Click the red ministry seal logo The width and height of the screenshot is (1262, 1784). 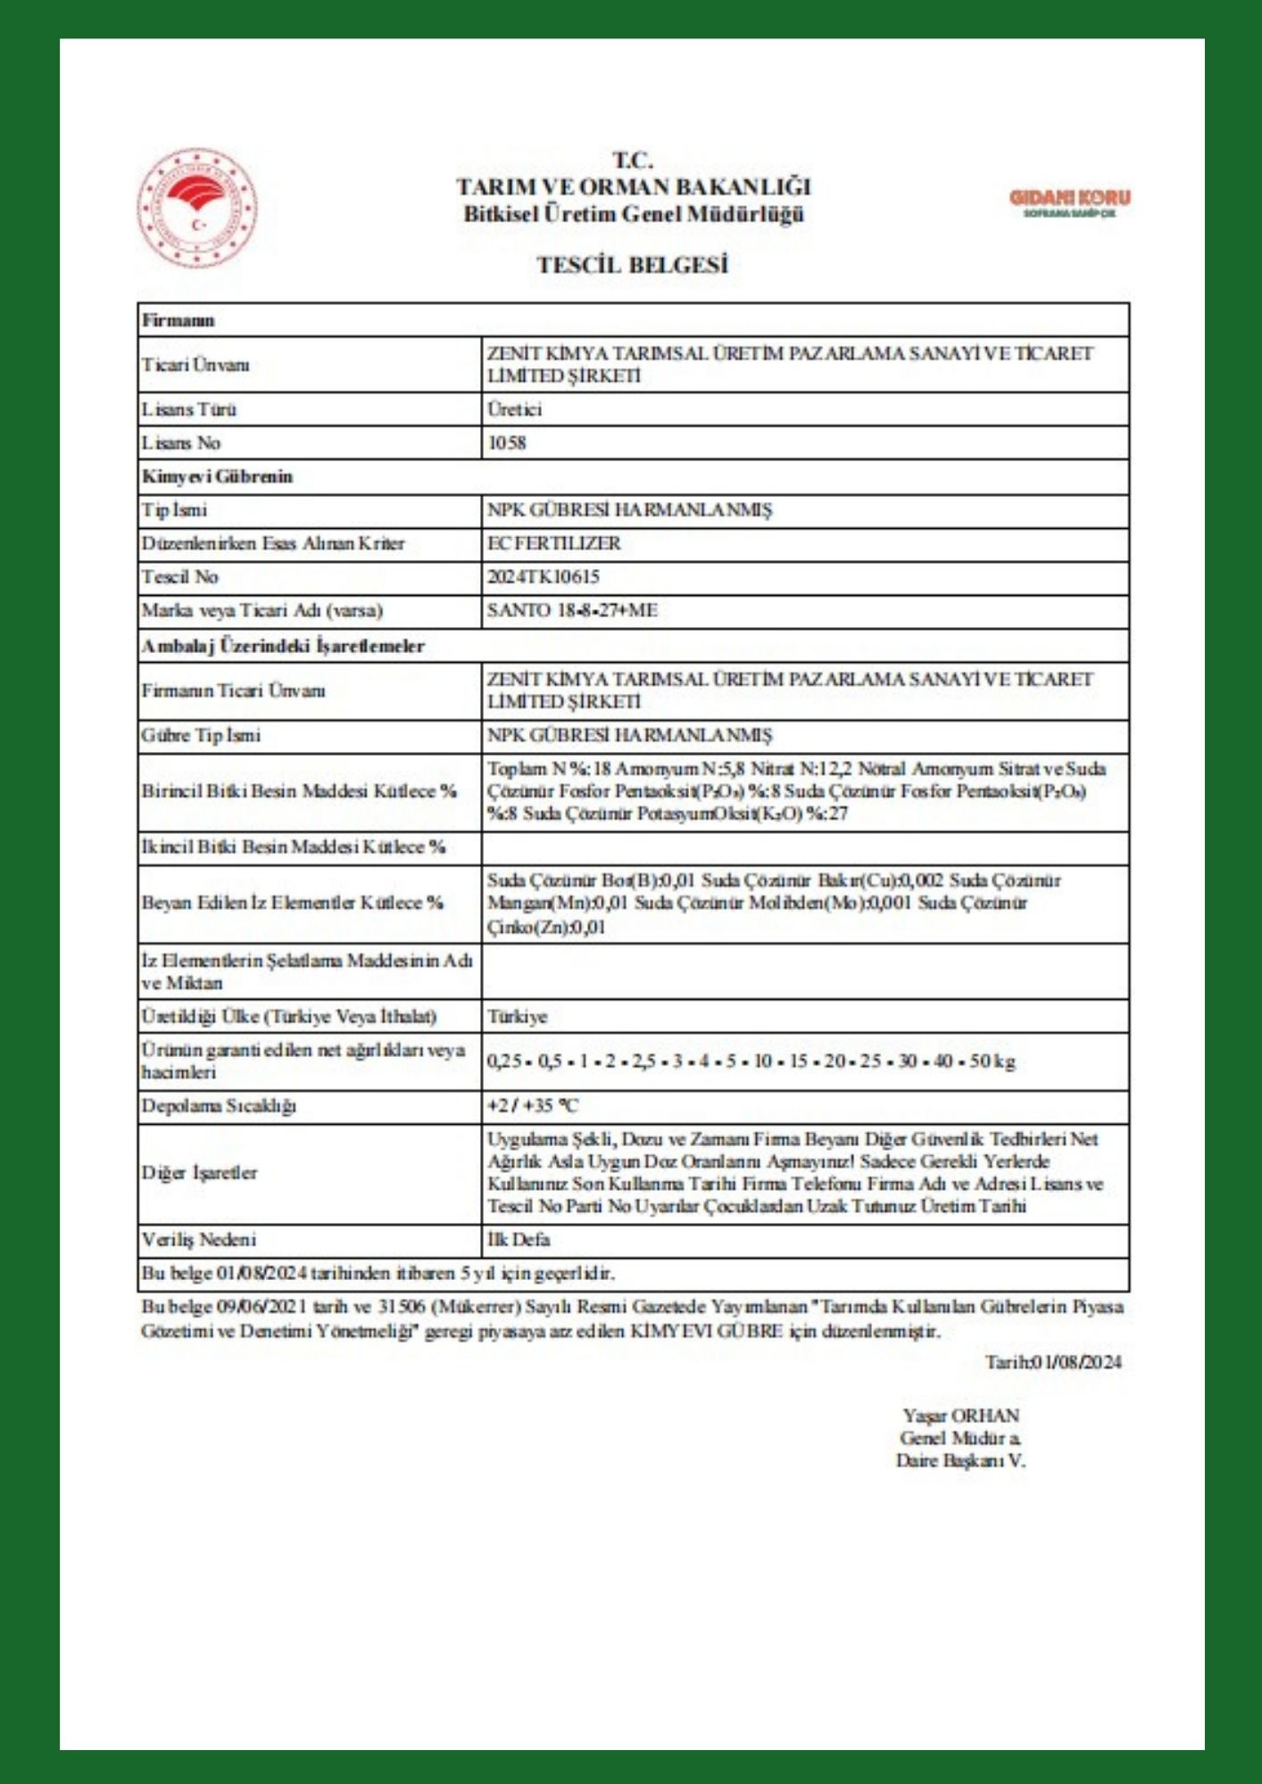click(197, 208)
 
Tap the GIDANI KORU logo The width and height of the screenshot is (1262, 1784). click(1069, 202)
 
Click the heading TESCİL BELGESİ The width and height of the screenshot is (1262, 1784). click(632, 265)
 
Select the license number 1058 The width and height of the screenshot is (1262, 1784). click(506, 442)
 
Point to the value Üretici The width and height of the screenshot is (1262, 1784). click(514, 409)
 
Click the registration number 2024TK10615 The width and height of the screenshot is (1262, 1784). click(543, 577)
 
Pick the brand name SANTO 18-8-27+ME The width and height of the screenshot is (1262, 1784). click(572, 611)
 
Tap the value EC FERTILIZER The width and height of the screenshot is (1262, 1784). click(553, 543)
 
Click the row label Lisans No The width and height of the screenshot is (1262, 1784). click(181, 442)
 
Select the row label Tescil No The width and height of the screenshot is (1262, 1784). click(179, 577)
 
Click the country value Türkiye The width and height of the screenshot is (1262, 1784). click(517, 1017)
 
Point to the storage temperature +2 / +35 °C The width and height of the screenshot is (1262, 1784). click(532, 1106)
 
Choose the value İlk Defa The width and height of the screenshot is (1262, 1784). click(518, 1240)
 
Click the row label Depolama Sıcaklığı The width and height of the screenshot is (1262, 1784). click(219, 1106)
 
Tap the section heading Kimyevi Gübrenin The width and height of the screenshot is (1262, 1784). click(217, 476)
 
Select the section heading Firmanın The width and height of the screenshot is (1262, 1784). click(178, 320)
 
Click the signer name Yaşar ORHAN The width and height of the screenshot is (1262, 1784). click(960, 1416)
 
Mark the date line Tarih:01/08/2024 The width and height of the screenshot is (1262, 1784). click(1052, 1362)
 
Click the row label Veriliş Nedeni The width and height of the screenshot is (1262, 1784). click(198, 1240)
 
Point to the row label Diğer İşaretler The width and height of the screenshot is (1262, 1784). click(199, 1173)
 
